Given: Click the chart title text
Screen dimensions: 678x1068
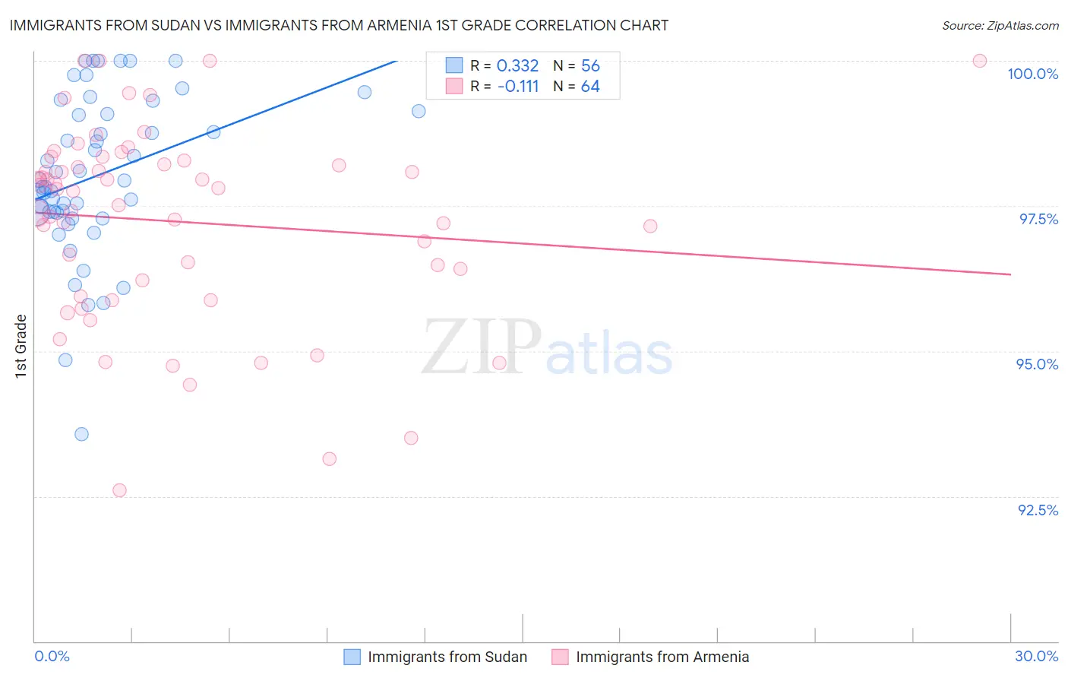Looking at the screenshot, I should coord(339,25).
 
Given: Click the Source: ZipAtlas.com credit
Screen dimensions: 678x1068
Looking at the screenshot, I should coord(1000,26).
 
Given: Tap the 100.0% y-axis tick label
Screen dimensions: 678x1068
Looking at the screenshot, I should coord(1032,74).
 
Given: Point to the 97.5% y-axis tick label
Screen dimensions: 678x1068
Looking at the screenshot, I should coord(1038,219).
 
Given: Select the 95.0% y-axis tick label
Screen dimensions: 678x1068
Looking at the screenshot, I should coord(1037,364).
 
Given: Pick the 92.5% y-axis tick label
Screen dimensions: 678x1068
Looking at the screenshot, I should coord(1038,510).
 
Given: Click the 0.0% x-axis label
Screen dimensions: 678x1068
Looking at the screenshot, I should coord(52,656).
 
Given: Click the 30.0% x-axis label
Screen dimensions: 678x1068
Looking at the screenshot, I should coord(1036,656).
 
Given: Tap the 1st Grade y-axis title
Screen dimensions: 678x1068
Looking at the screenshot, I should coord(21,346).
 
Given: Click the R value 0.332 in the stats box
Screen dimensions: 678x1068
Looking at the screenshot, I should coord(517,66).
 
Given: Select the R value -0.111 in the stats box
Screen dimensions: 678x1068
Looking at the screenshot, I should coord(518,87).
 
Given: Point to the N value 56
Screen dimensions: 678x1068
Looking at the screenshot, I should coord(590,66).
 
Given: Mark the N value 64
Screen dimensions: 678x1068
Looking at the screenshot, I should coord(590,87).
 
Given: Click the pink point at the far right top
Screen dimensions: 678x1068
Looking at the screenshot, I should coord(980,61).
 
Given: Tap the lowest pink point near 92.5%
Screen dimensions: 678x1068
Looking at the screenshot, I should coord(119,490).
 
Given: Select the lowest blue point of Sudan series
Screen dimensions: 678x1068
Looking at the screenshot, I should coord(81,434).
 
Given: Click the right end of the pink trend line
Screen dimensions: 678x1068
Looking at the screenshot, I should coord(1010,274).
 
